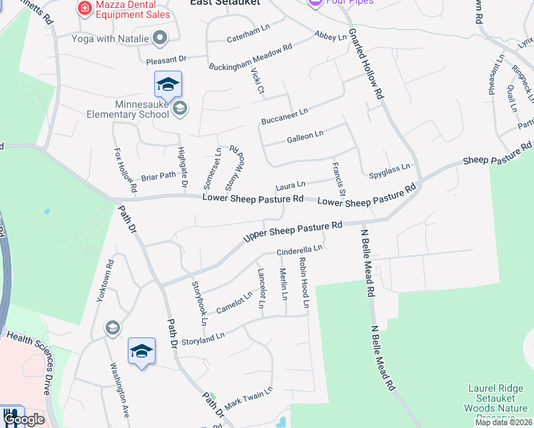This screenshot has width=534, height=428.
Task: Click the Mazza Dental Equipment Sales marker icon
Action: coord(85,8)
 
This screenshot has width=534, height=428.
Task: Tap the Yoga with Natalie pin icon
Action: coord(160,38)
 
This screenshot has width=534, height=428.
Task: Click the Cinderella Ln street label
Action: coord(301,250)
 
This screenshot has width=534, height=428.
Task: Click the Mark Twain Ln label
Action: coord(248,398)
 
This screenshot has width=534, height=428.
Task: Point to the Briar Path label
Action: coord(158,175)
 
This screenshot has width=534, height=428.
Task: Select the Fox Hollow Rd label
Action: coord(125,170)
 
